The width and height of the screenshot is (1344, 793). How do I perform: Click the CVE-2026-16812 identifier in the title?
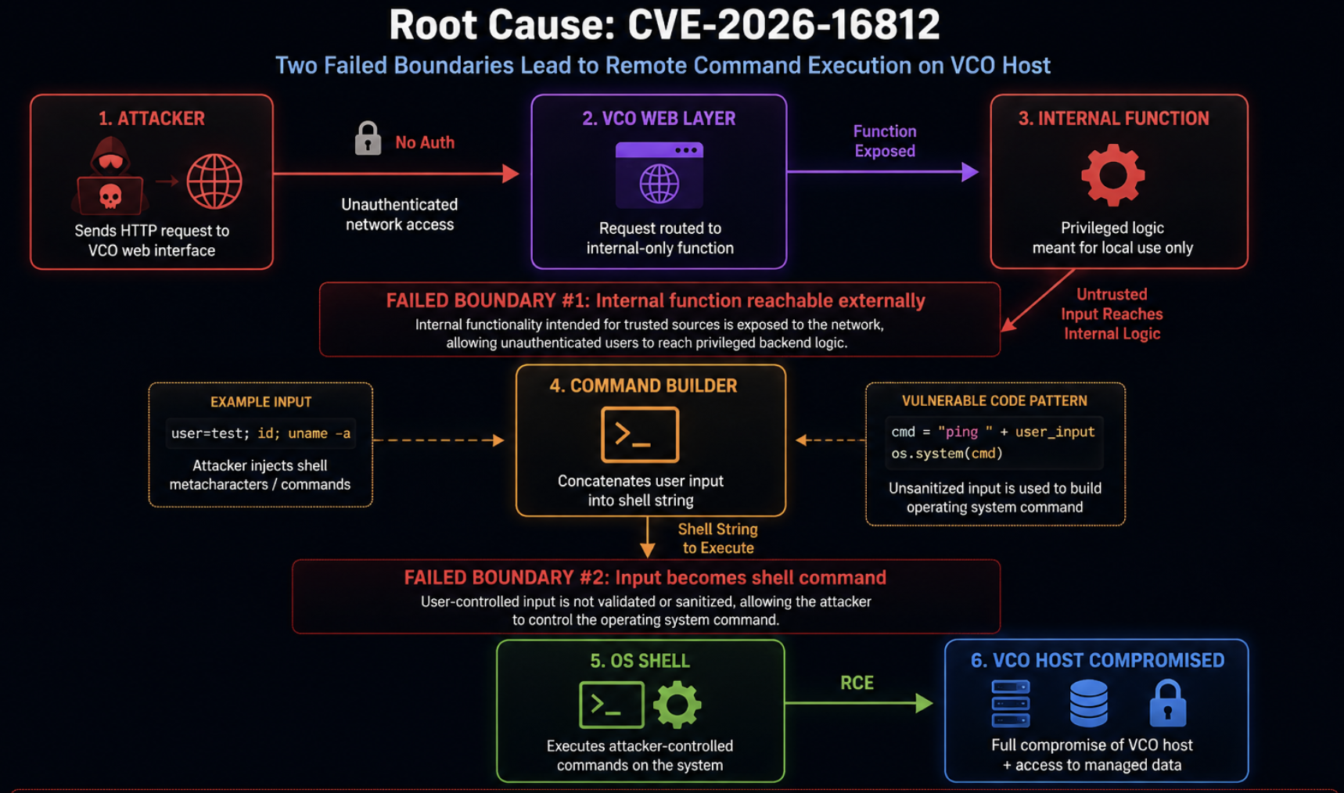pos(783,25)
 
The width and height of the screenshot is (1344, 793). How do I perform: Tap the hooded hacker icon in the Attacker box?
pos(110,175)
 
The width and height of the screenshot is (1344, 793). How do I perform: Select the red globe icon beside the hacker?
pos(214,181)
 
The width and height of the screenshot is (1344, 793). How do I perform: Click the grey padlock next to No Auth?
pos(368,138)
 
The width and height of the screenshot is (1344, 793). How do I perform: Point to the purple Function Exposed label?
pos(885,141)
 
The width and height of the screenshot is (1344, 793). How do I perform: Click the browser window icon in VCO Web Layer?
pos(659,175)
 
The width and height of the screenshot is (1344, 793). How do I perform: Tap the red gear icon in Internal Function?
pos(1112,175)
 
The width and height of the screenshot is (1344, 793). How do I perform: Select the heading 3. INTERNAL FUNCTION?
pos(1113,118)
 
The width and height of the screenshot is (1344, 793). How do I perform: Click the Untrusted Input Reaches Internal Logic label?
pos(1112,314)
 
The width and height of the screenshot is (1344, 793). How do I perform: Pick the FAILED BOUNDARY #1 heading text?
pos(656,300)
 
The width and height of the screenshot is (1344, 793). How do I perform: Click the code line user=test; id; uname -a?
pos(261,433)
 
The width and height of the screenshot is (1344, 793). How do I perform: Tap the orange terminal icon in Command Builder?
pos(640,435)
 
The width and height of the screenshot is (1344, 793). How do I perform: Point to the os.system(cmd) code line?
pos(947,454)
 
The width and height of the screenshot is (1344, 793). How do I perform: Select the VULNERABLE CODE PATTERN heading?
pos(994,400)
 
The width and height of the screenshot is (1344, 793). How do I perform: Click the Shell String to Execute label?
pos(718,538)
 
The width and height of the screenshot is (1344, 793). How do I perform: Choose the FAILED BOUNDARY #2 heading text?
pos(645,577)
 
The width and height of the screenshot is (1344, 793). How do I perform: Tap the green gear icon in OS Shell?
pos(677,704)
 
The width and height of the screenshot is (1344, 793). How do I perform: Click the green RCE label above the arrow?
pos(857,683)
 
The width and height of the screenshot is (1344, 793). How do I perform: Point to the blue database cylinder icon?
pos(1088,702)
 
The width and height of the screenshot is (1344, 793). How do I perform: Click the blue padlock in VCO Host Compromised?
pos(1167,702)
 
